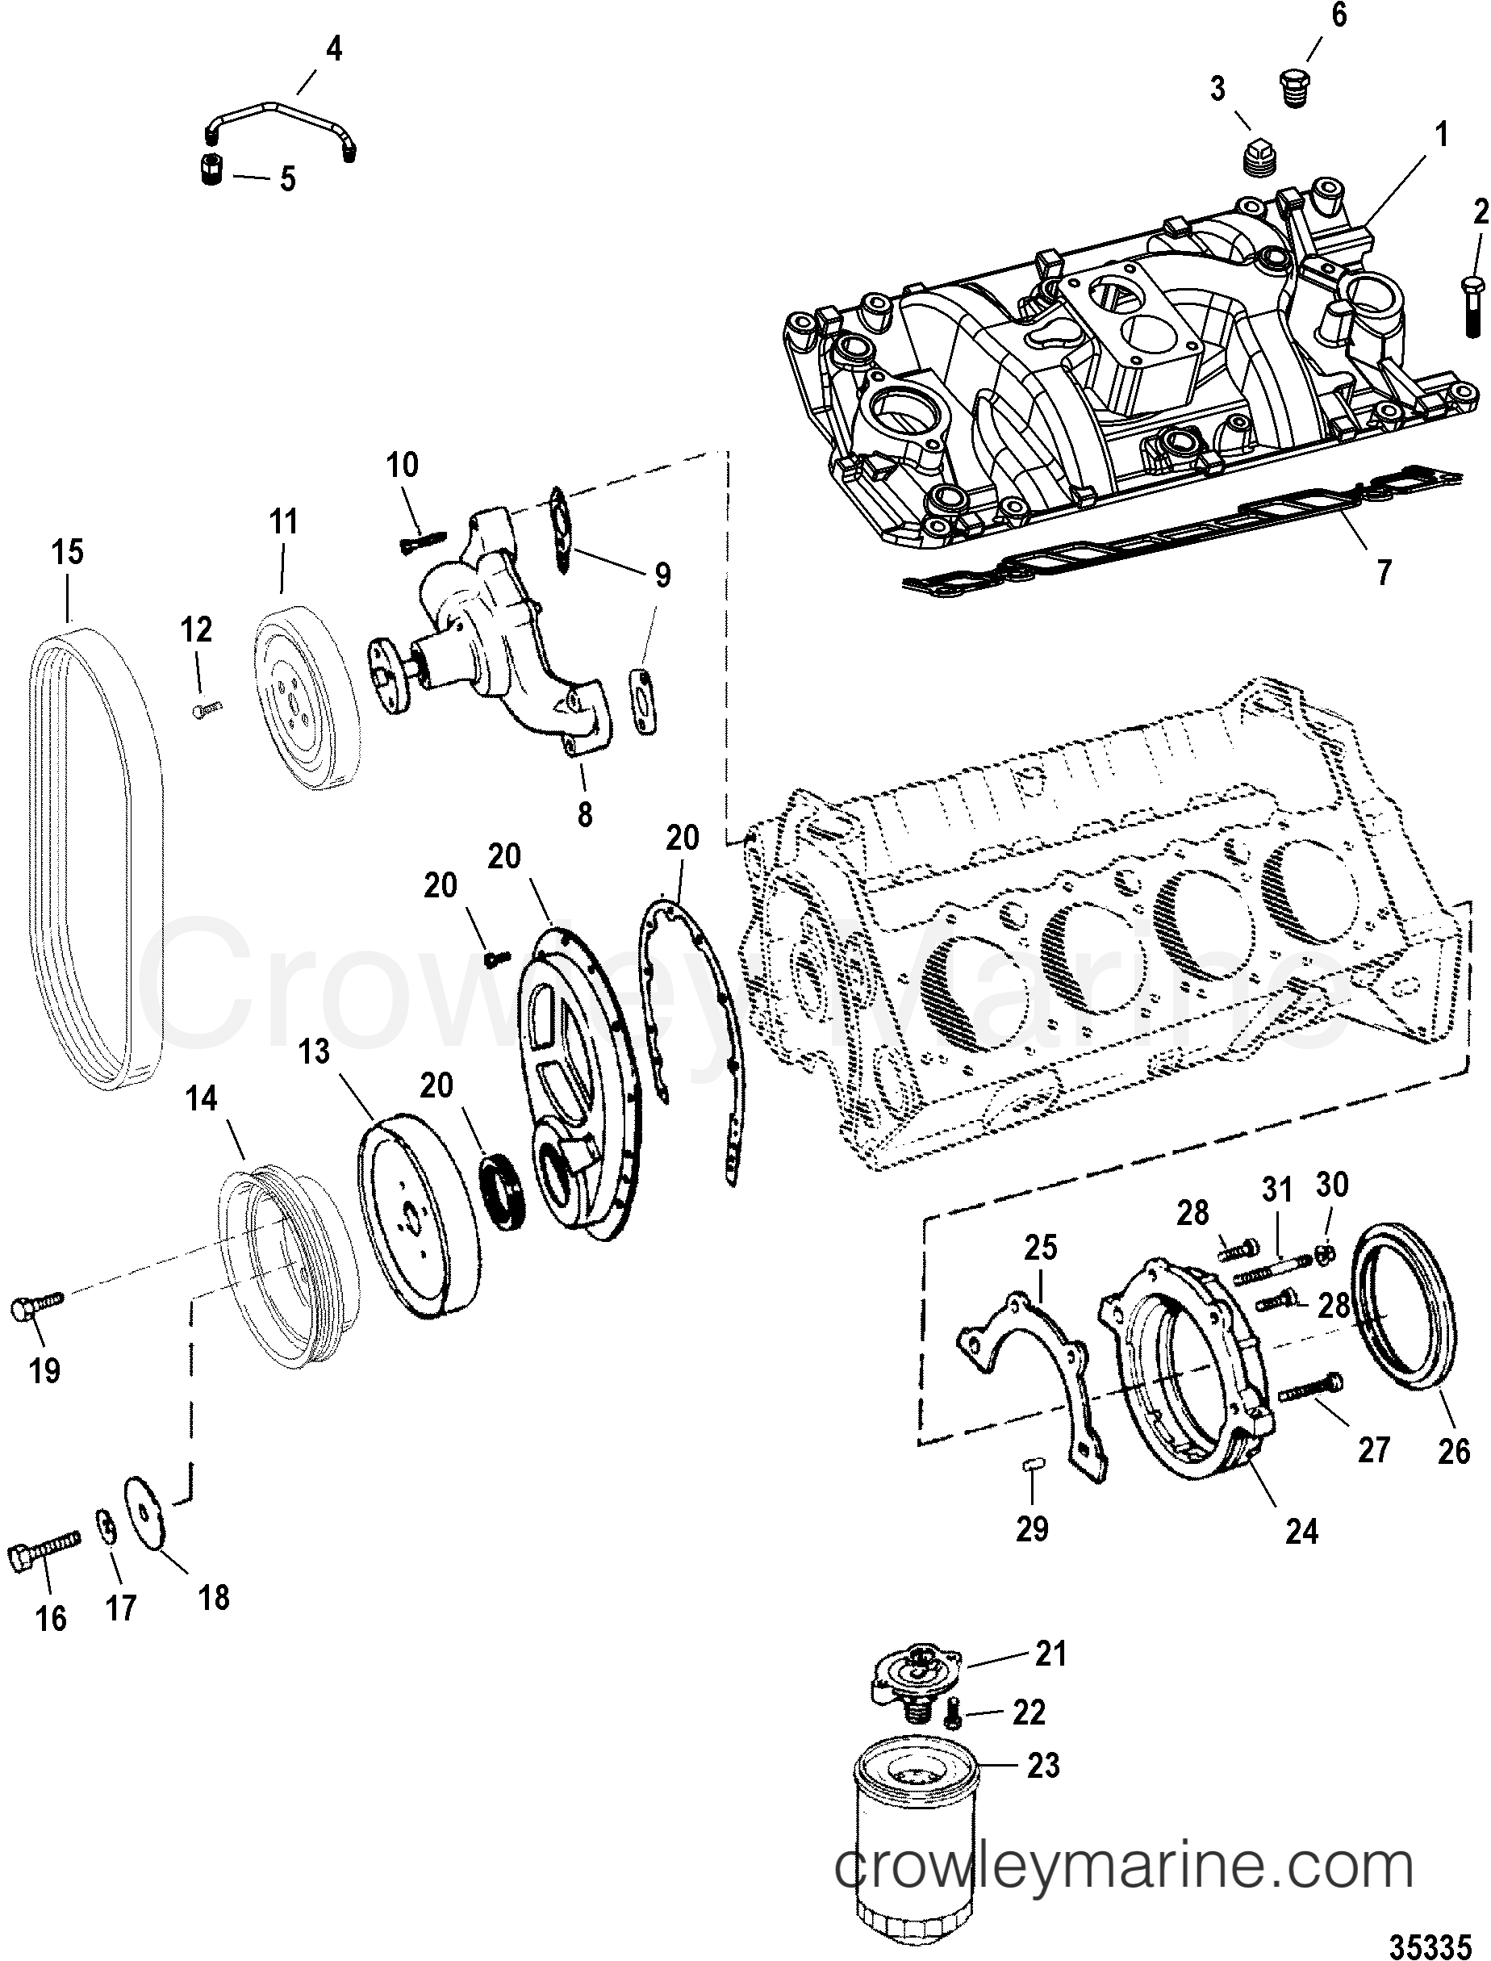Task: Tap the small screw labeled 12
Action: (x=207, y=708)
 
